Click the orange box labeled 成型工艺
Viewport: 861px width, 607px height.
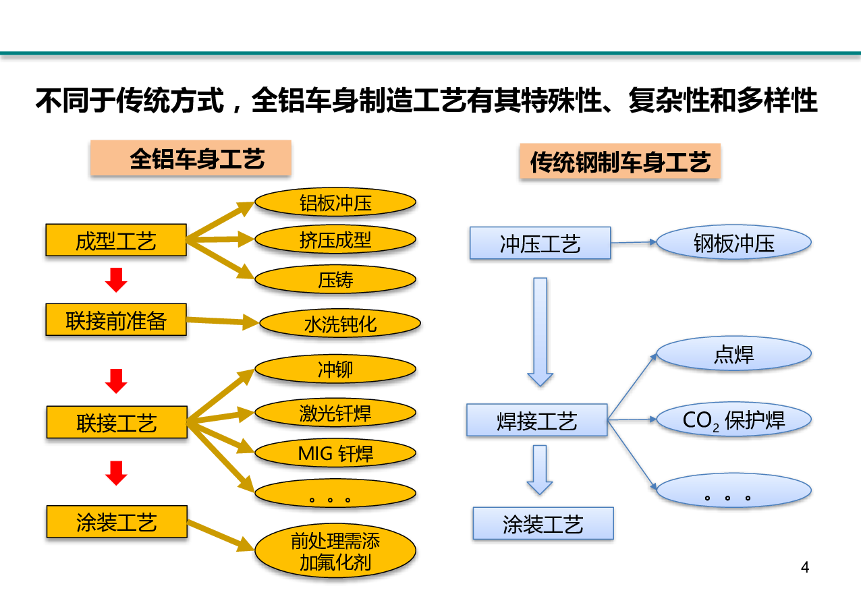116,240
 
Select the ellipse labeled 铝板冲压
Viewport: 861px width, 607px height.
335,202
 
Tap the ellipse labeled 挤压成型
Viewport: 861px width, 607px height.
335,239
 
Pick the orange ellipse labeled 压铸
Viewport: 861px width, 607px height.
335,279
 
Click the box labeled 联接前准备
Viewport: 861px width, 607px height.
116,320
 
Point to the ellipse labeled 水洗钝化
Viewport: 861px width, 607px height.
340,324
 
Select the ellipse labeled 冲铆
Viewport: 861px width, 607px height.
335,369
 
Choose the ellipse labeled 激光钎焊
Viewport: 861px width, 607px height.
335,413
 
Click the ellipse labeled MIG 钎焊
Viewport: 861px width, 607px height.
335,453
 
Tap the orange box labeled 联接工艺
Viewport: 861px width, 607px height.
117,422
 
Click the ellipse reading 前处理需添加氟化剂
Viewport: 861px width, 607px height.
335,551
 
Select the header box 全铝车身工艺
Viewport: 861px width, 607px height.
191,158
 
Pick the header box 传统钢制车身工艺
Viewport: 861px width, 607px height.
620,161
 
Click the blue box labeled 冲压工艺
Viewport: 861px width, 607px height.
540,243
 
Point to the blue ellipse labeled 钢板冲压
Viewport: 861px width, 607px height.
733,242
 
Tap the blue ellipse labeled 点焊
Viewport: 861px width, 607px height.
733,353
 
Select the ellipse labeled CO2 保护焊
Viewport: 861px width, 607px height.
733,420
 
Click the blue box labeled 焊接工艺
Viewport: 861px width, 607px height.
537,420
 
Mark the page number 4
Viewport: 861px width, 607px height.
805,567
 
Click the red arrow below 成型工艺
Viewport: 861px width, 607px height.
116,280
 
